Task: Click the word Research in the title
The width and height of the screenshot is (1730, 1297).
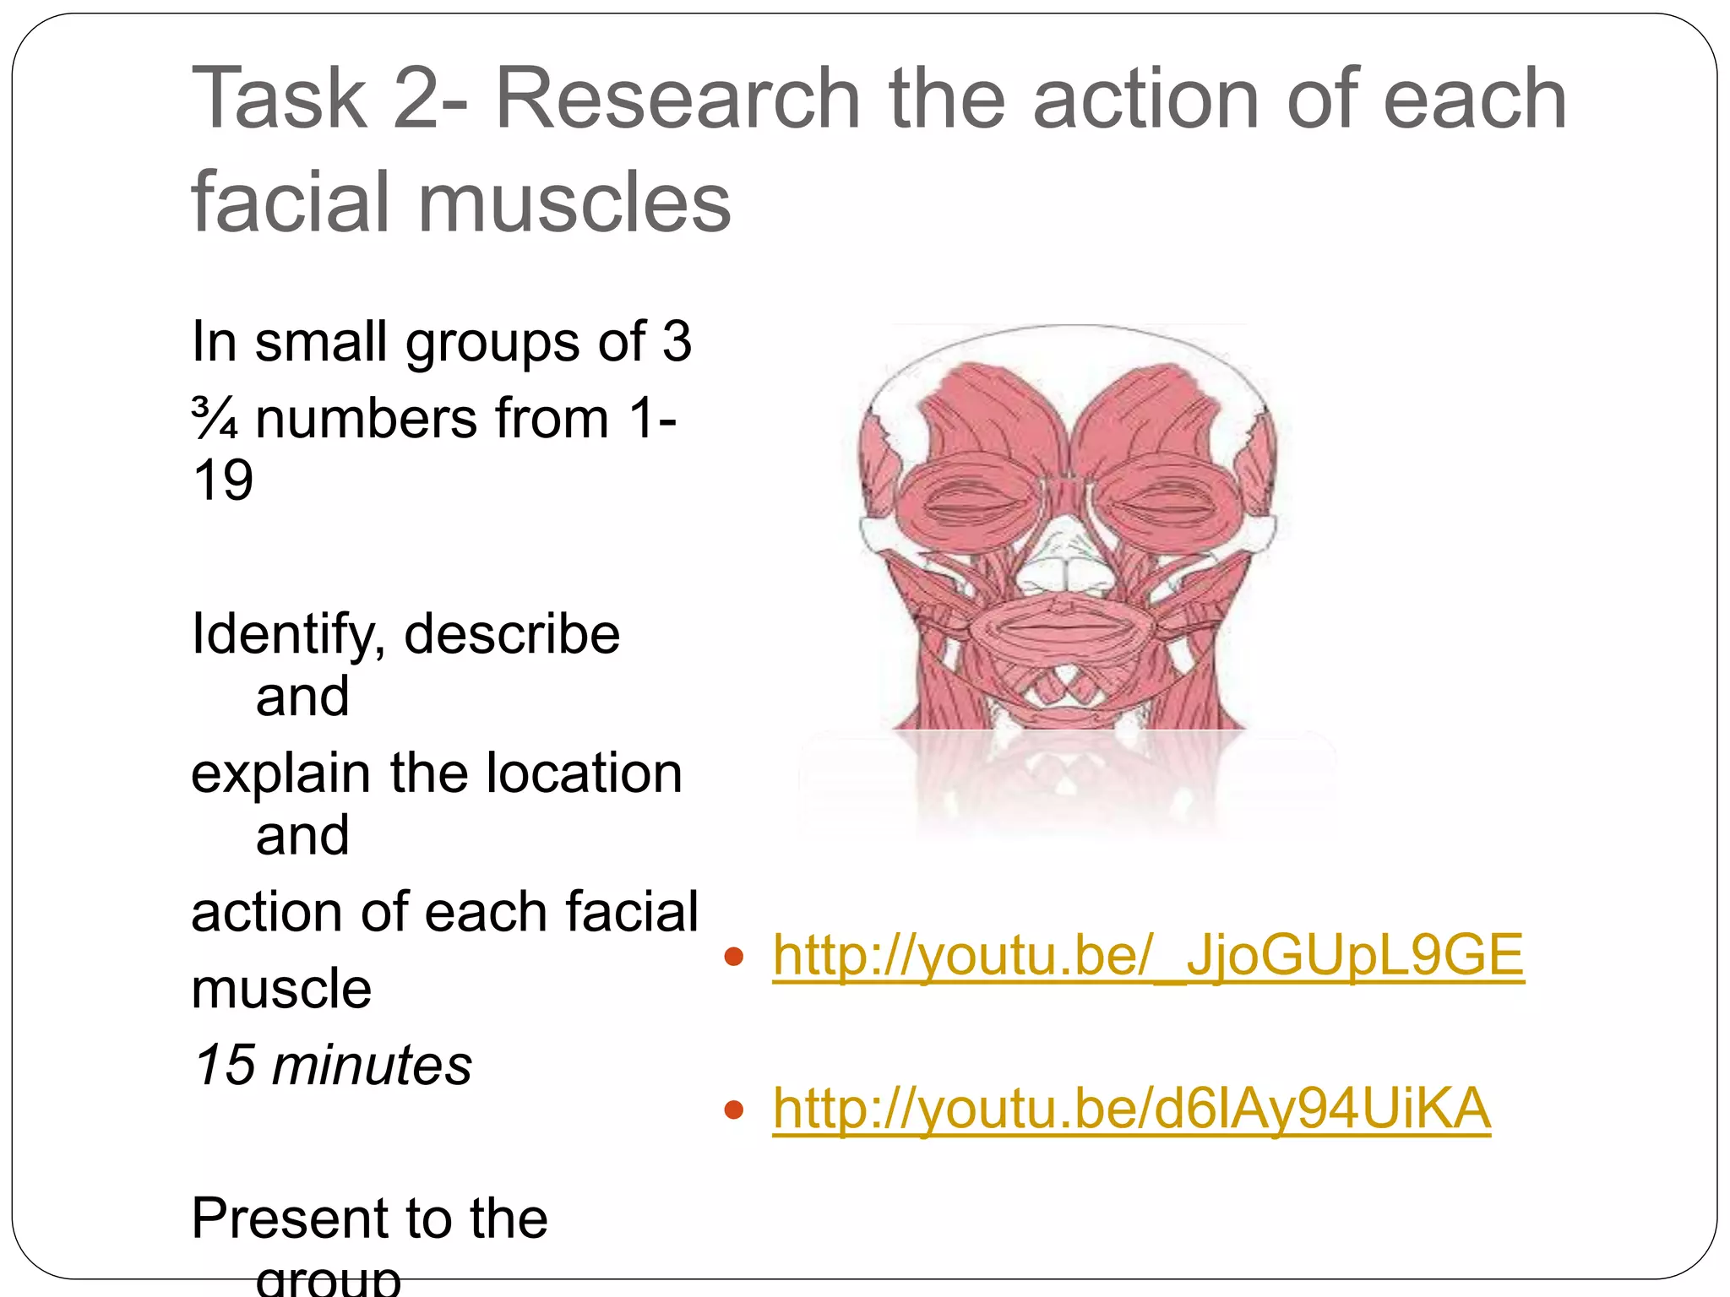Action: (x=677, y=99)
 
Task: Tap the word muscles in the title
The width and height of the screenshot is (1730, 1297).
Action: (x=574, y=203)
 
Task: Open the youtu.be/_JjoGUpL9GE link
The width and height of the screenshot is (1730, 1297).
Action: (x=1148, y=956)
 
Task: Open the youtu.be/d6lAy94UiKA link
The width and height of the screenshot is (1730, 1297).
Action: (x=1131, y=1109)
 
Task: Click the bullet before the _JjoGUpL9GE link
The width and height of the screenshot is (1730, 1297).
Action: (x=733, y=958)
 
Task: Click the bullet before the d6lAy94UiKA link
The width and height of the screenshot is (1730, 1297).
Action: (x=733, y=1110)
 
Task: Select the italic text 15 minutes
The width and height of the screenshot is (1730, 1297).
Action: (x=332, y=1065)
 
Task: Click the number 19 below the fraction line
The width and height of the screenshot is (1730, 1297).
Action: (x=223, y=480)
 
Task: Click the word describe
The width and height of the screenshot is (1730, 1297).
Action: (x=512, y=635)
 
